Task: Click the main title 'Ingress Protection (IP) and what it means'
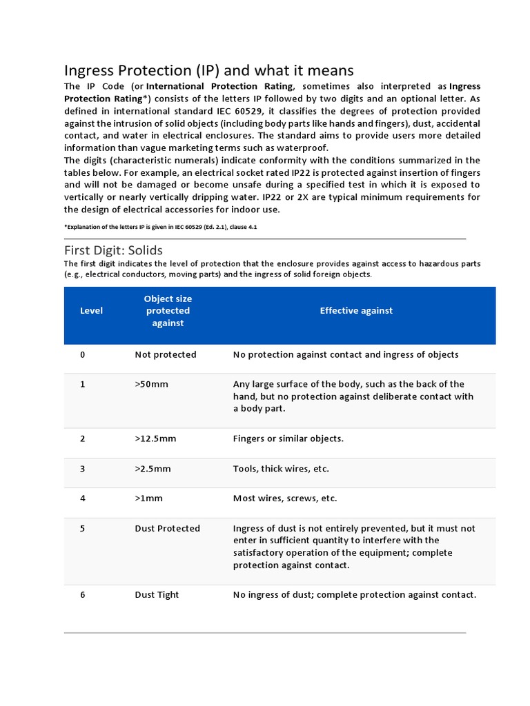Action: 208,70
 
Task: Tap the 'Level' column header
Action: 91,310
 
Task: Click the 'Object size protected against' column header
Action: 168,310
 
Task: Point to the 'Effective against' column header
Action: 356,310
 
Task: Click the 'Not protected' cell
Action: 166,354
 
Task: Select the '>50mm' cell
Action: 151,384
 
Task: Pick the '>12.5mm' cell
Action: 155,438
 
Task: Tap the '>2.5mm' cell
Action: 153,469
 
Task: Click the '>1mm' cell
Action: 148,498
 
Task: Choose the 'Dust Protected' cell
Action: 167,528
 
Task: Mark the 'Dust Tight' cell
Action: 157,594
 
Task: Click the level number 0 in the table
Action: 83,354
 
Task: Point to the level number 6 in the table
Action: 83,594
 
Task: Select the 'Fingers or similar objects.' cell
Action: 288,438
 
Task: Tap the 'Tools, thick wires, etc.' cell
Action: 281,469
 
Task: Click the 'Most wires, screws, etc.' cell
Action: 285,498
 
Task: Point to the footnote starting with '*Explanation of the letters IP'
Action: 160,227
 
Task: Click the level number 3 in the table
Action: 83,469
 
